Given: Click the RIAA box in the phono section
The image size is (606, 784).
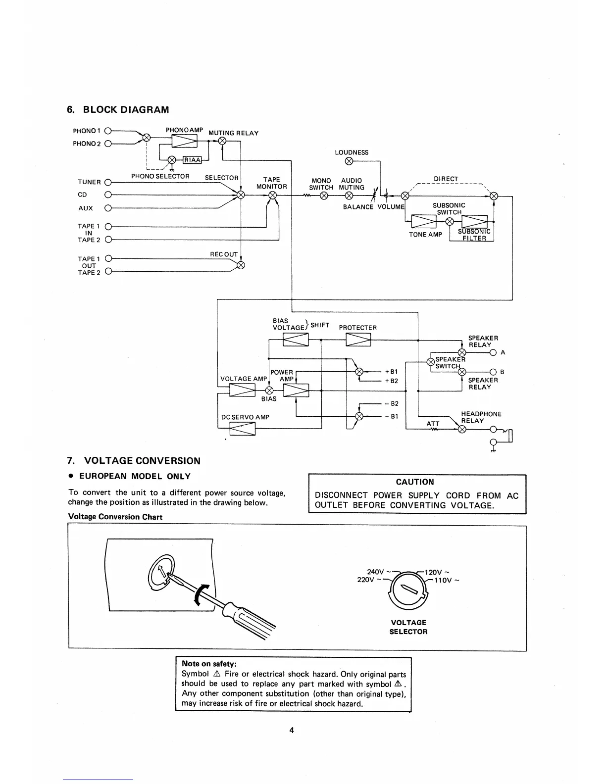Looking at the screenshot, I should click(192, 159).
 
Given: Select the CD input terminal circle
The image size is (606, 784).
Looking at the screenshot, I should click(108, 195).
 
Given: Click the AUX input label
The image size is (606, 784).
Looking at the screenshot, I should click(85, 208).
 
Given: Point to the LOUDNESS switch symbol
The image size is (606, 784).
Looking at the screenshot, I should click(349, 161).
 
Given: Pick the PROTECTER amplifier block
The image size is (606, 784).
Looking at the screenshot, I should click(358, 340).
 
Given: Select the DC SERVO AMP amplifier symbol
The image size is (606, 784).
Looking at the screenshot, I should click(243, 429).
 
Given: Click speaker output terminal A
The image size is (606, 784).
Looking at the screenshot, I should click(493, 352).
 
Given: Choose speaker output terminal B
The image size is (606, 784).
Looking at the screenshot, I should click(493, 372).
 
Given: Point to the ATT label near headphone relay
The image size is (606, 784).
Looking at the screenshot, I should click(433, 424).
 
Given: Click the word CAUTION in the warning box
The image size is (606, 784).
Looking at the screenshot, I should click(415, 482).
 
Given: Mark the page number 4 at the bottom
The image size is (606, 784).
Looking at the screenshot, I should click(292, 730).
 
